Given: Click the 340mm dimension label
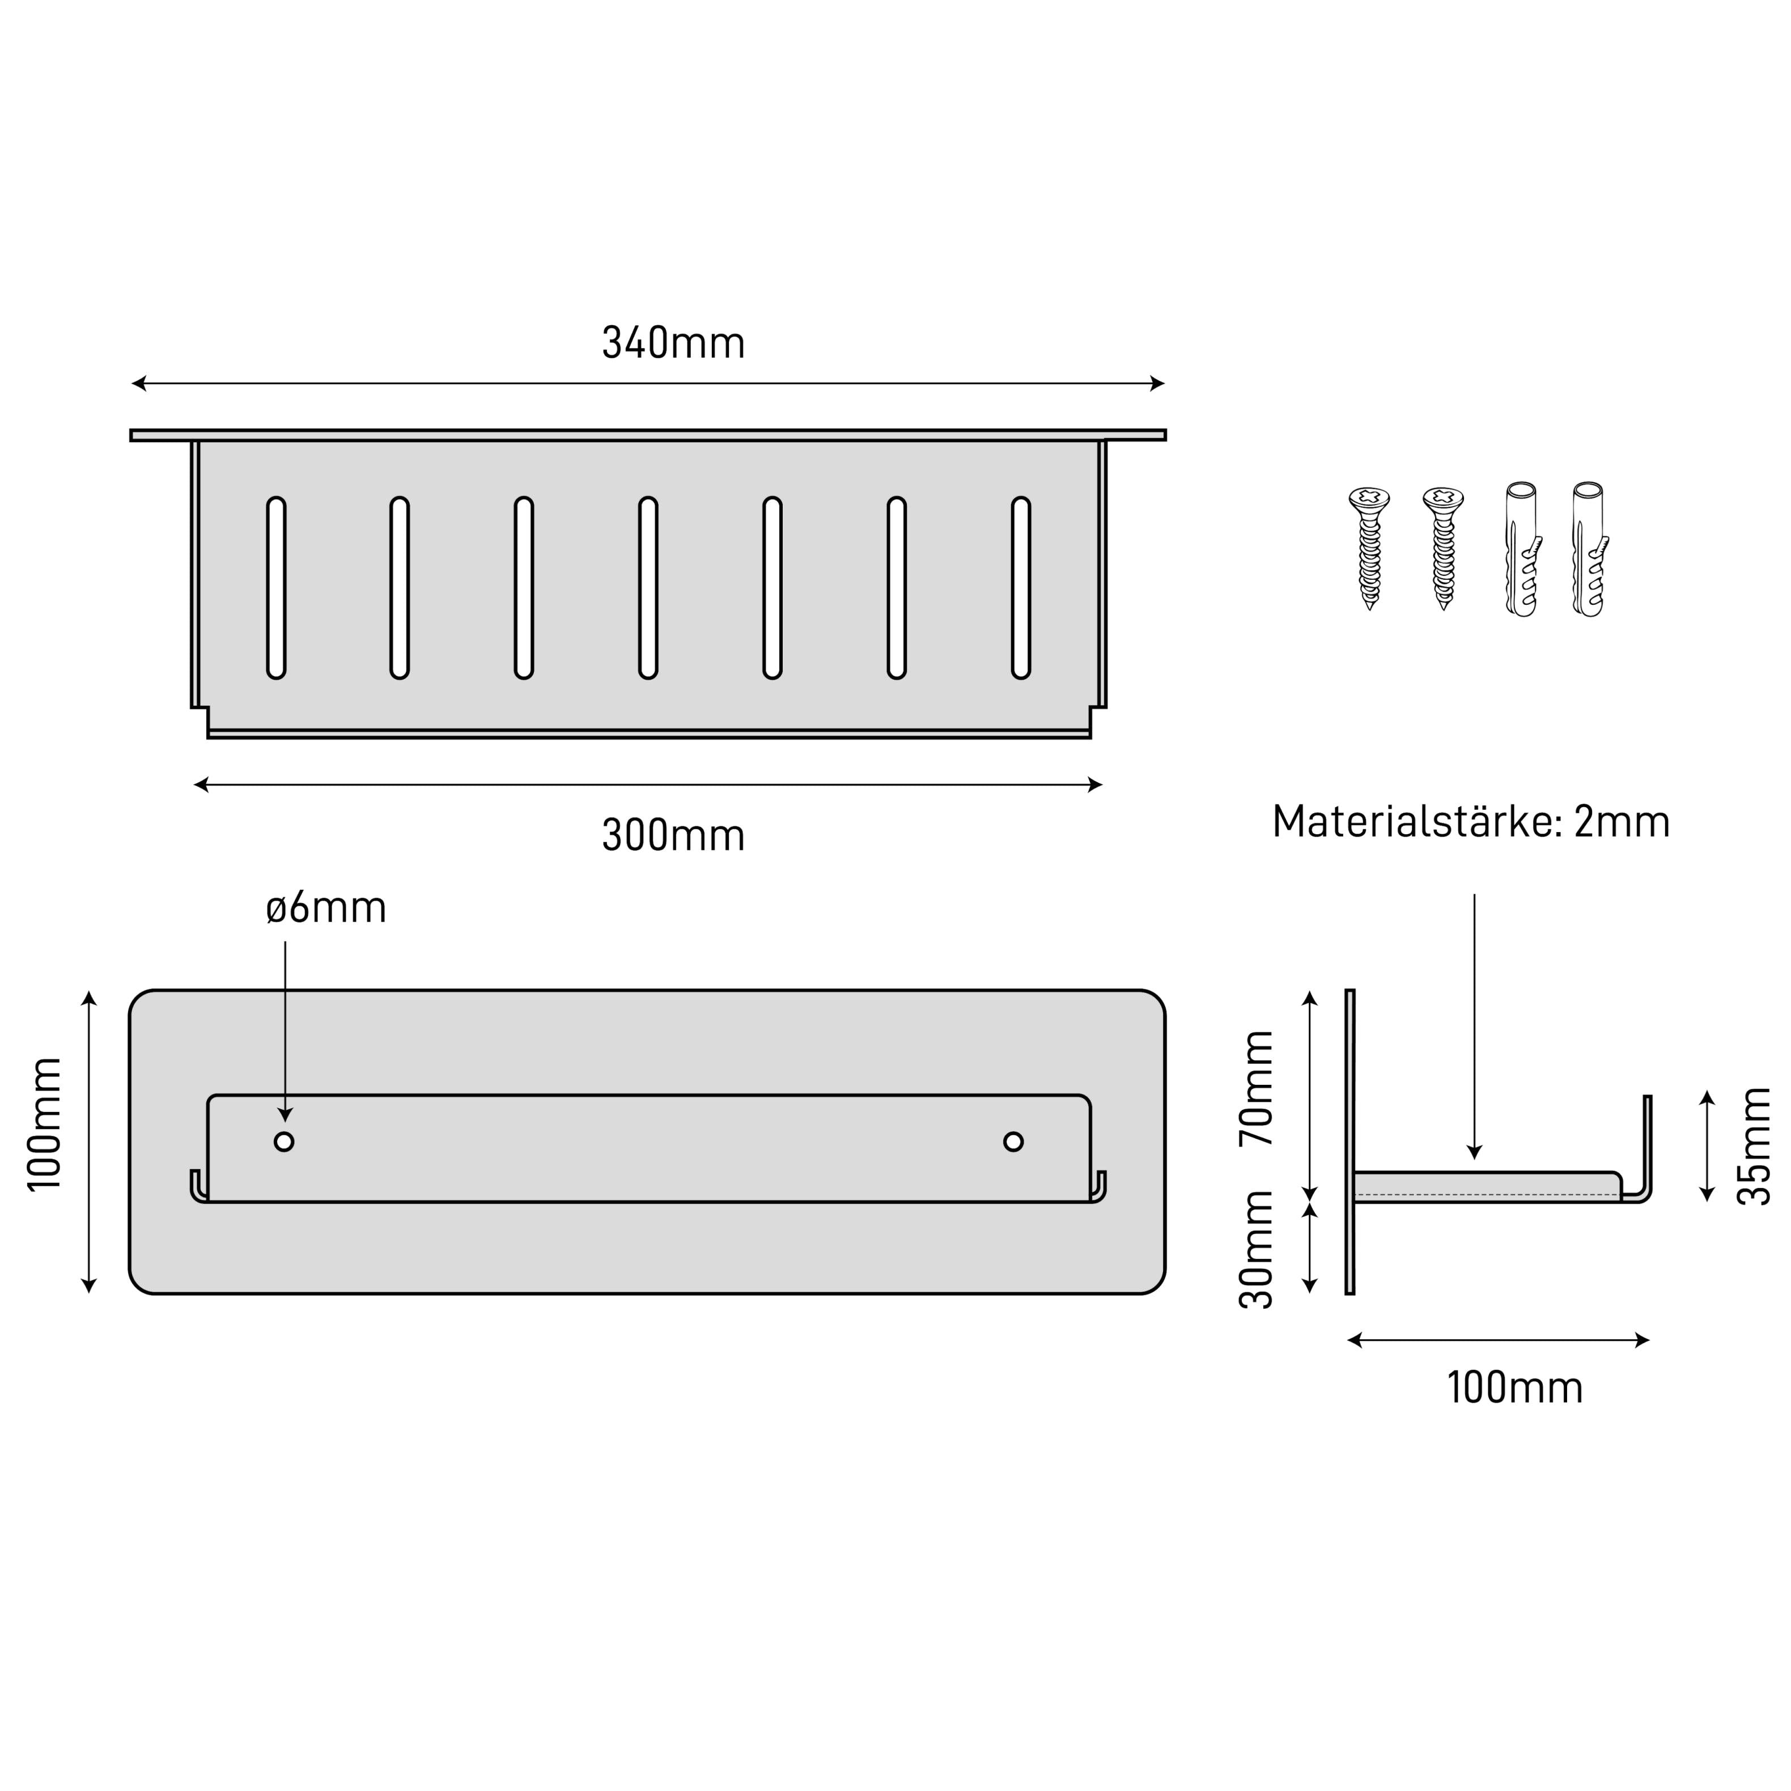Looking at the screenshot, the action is coord(673,343).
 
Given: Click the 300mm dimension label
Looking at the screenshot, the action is coord(673,835).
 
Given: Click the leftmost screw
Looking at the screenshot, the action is coord(1369,548).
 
